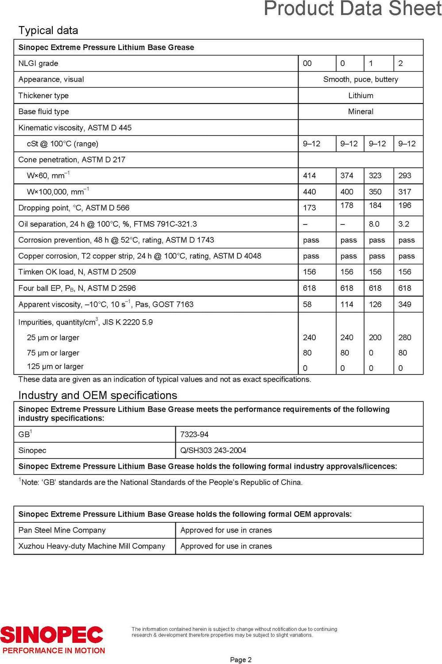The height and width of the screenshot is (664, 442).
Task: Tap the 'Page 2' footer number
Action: tap(240, 660)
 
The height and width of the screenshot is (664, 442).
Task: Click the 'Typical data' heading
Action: tap(48, 31)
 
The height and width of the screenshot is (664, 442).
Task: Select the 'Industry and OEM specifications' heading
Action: tap(97, 395)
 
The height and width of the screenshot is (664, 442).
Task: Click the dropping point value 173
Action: tap(309, 208)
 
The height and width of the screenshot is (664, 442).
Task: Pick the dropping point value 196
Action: tap(404, 205)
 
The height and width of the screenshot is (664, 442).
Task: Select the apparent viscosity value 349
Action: tap(404, 304)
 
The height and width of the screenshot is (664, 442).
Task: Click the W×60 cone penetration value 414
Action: tap(309, 176)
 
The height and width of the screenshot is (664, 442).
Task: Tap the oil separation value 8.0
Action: tap(374, 224)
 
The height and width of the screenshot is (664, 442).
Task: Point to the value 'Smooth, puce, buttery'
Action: tap(361, 79)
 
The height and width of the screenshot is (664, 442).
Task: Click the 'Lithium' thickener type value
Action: tap(361, 96)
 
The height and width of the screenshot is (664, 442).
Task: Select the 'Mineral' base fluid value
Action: tap(361, 112)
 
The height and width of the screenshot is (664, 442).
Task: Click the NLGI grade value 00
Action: tap(307, 63)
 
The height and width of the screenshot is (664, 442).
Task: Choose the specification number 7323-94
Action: tap(194, 434)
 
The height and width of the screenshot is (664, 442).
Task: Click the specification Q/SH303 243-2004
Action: tap(213, 450)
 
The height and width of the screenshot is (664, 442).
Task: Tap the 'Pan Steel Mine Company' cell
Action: tap(62, 530)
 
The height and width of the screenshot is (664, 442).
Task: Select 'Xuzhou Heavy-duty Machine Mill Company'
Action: tap(92, 546)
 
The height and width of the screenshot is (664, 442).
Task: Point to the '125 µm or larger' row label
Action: tap(55, 367)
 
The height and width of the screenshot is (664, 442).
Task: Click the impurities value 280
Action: tap(404, 337)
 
